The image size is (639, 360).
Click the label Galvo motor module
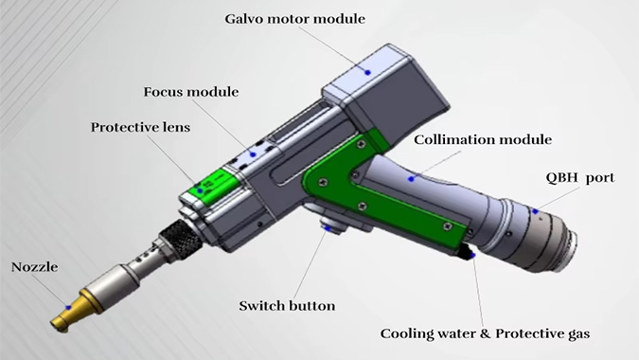(x=295, y=19)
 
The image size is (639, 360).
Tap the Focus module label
(x=191, y=92)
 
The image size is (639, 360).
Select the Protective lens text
(x=140, y=127)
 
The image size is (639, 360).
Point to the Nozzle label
(x=34, y=267)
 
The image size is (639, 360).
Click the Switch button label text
(x=287, y=306)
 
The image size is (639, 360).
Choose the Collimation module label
(x=483, y=140)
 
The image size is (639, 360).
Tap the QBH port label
(x=580, y=178)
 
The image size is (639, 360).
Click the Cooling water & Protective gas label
(x=485, y=333)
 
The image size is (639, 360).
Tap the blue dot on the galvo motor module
(x=367, y=73)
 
